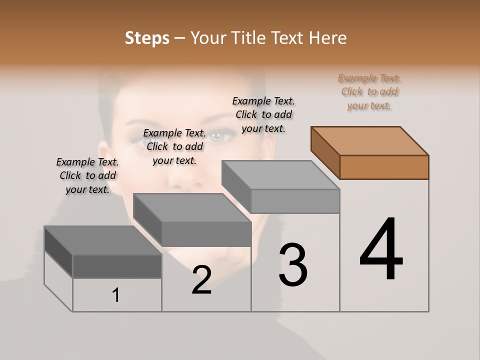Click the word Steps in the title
[x=147, y=38]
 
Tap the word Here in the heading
[x=327, y=38]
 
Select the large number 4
[x=381, y=250]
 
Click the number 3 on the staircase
[x=292, y=265]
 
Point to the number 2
[x=201, y=280]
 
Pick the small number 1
[x=116, y=295]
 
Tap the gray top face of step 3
[x=280, y=175]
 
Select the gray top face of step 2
[x=192, y=208]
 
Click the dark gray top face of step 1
[x=103, y=240]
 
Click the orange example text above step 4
[x=369, y=92]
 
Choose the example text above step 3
[x=263, y=114]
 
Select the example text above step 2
[x=174, y=146]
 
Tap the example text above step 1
[x=87, y=175]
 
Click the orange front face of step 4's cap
[x=384, y=167]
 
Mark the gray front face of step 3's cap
[x=295, y=201]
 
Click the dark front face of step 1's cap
[x=117, y=266]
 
